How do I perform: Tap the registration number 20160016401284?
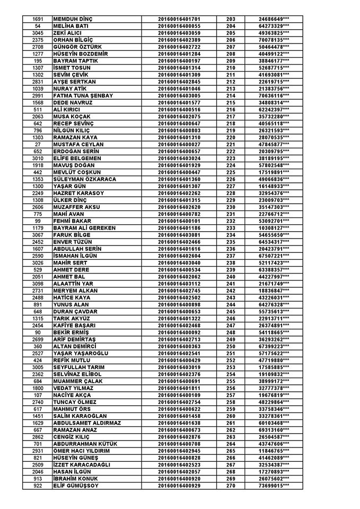pyautogui.click(x=179, y=54)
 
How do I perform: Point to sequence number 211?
pyautogui.click(x=230, y=75)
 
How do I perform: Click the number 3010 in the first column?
pyautogui.click(x=38, y=158)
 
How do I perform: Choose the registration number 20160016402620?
pyautogui.click(x=179, y=207)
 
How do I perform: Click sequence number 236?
pyautogui.click(x=230, y=248)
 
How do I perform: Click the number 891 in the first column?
pyautogui.click(x=38, y=304)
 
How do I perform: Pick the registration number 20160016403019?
pyautogui.click(x=179, y=366)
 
